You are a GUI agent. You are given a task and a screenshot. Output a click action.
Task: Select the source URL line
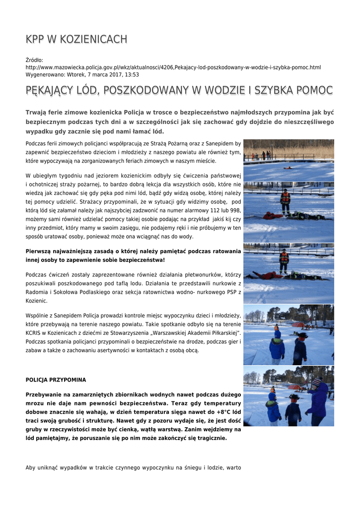pyautogui.click(x=173, y=67)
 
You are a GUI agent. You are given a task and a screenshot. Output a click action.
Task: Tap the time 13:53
pyautogui.click(x=132, y=74)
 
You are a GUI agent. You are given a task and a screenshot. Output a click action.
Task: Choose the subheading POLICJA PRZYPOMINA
pyautogui.click(x=56, y=380)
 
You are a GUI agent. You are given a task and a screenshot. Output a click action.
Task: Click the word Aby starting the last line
pyautogui.click(x=31, y=468)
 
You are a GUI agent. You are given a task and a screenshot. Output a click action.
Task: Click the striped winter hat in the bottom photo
pyautogui.click(x=316, y=382)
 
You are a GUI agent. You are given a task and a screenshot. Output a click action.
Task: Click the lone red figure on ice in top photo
pyautogui.click(x=288, y=168)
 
